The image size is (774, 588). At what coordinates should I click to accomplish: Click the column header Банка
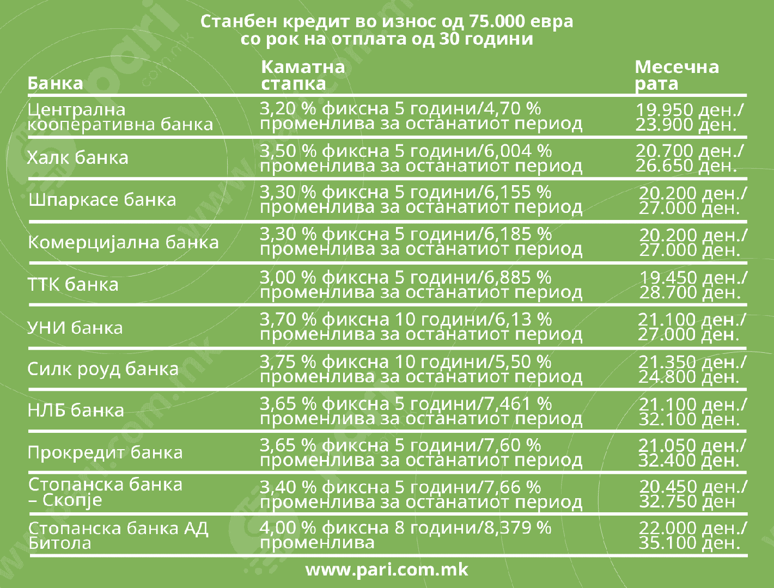point(55,83)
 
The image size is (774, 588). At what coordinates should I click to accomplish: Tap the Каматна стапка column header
point(303,75)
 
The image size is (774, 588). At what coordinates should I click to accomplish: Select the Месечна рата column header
point(677,75)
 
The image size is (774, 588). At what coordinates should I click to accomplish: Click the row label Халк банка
point(78,158)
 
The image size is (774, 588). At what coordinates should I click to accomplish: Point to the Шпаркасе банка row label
point(102,200)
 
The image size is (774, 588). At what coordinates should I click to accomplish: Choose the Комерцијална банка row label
point(123,242)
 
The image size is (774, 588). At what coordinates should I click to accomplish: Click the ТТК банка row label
point(73,284)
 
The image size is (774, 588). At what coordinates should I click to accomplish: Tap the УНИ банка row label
point(75,327)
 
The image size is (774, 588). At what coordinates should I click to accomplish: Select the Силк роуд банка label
point(103,369)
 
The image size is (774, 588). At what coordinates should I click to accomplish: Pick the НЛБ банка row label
point(76,411)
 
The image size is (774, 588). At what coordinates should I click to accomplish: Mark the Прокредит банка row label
point(105,452)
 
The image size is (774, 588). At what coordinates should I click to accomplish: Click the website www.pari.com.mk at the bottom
point(387,569)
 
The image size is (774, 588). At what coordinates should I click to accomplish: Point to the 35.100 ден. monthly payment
point(689,543)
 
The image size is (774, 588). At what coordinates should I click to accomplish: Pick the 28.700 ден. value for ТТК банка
point(689,293)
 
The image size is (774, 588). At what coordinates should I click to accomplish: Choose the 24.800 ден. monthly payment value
point(689,377)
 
